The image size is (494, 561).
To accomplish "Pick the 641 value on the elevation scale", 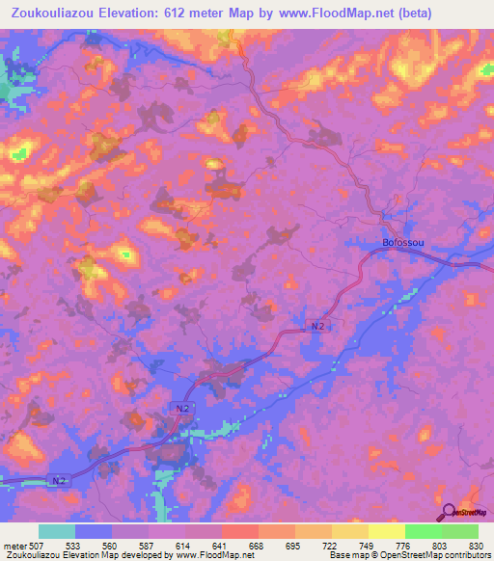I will [x=222, y=546].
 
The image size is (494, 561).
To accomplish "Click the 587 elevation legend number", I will [x=149, y=546].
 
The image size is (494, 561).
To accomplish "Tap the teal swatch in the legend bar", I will [x=57, y=531].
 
